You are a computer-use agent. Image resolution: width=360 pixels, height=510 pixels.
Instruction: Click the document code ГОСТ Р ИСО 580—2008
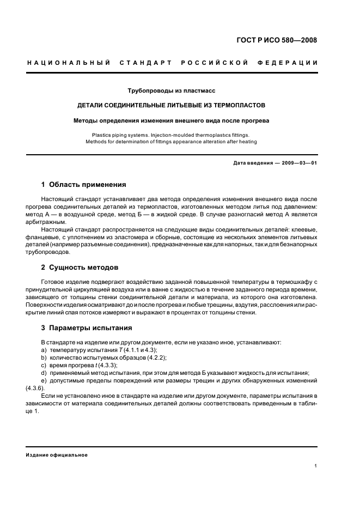(x=276, y=40)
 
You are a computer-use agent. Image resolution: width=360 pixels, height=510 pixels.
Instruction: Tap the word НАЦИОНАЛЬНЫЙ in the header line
(x=69, y=63)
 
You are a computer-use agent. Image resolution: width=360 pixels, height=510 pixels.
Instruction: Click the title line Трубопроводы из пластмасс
(x=172, y=90)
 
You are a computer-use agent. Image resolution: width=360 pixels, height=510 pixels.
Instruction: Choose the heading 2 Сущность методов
(x=80, y=268)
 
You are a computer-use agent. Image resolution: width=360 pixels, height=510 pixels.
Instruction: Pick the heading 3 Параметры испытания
(x=86, y=328)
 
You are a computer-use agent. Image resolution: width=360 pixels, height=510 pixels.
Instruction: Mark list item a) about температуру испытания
(x=99, y=349)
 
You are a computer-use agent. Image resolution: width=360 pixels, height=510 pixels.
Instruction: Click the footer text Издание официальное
(x=57, y=454)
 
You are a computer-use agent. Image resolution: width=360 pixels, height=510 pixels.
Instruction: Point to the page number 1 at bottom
(x=315, y=466)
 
